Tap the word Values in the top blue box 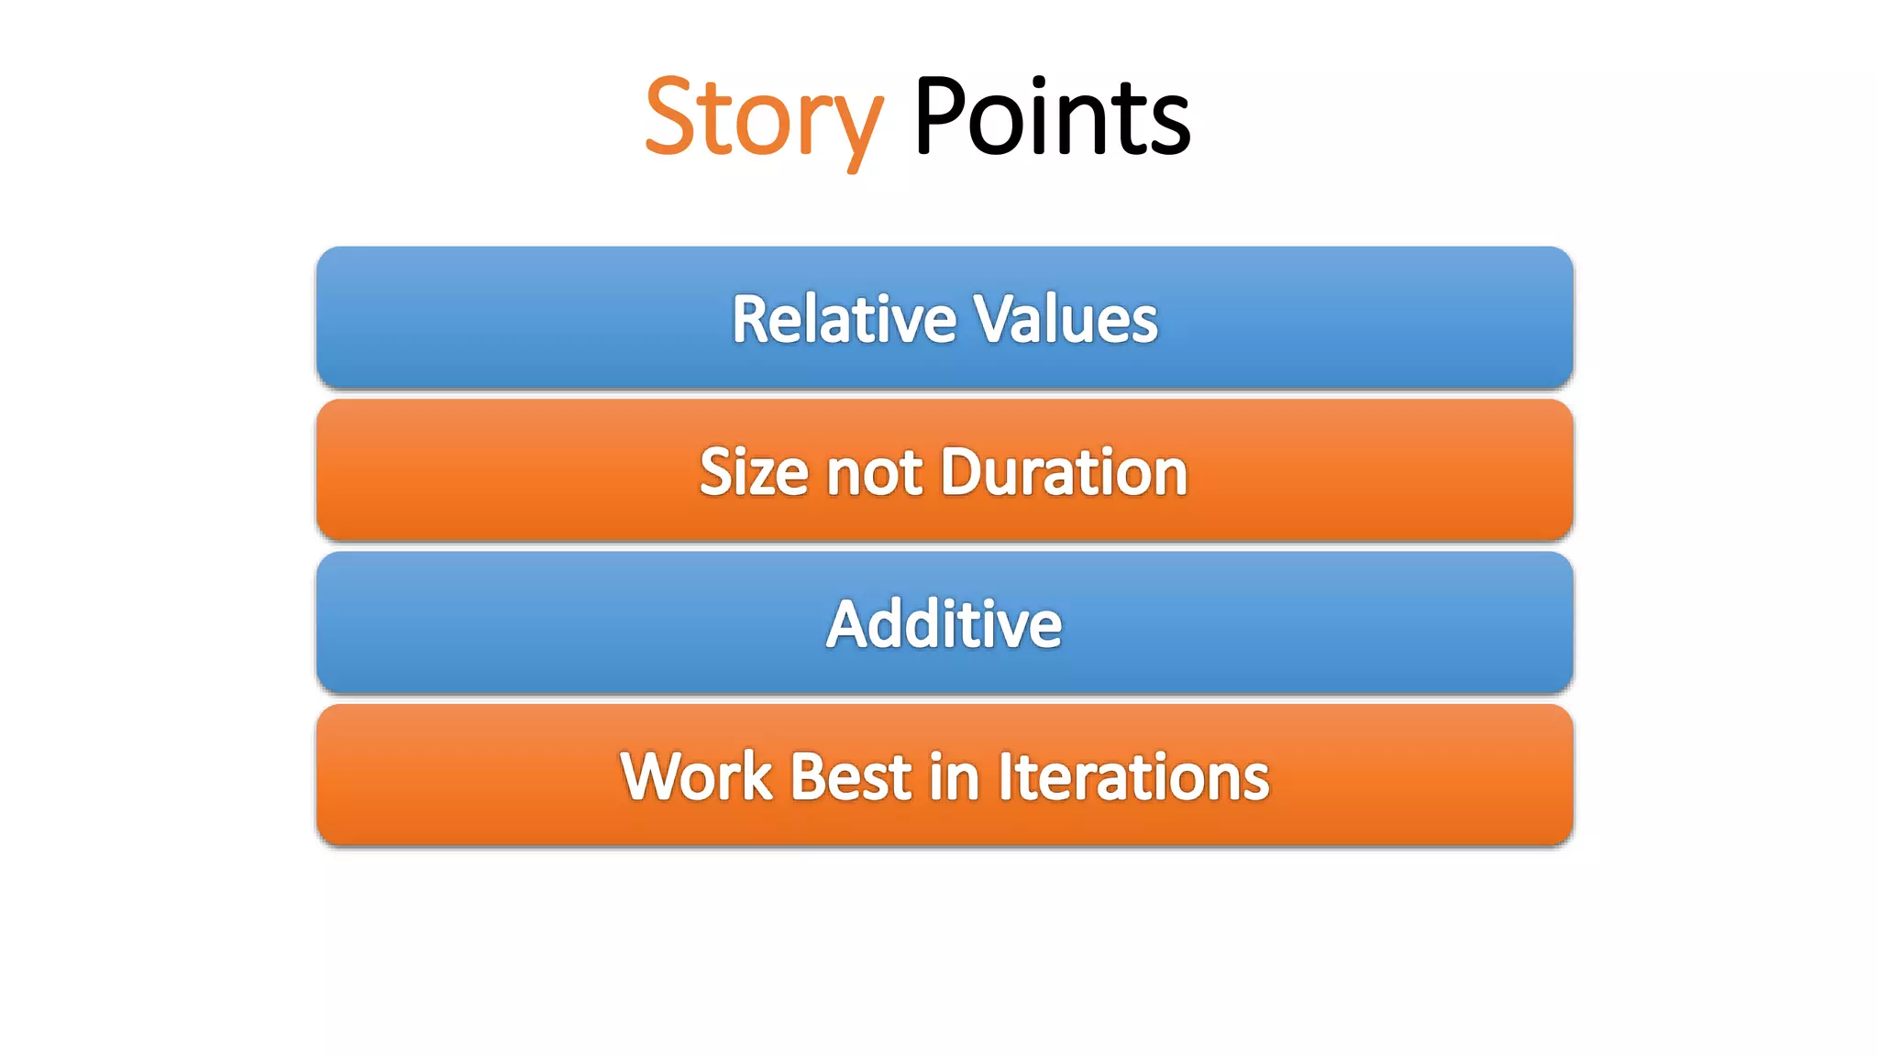tap(1065, 319)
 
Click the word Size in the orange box tap(753, 472)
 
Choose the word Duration tap(1064, 472)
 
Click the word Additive tap(944, 624)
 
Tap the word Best tap(851, 776)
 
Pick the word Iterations tap(1133, 776)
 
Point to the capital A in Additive tap(848, 624)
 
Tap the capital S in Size tap(716, 472)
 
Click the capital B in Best tap(808, 776)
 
